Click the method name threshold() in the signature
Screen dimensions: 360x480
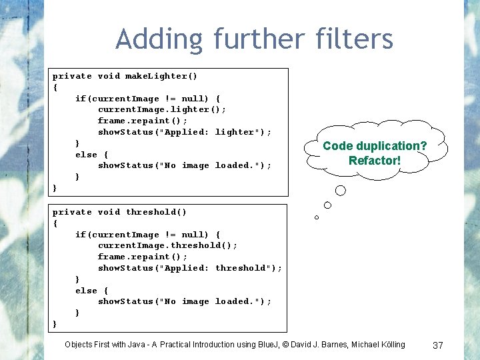[x=156, y=212]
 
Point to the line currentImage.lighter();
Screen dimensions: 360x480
[x=162, y=109]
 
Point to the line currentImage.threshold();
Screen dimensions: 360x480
[x=167, y=245]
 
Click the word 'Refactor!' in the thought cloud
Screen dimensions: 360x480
[x=375, y=161]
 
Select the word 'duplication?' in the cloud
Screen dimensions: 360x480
[x=393, y=146]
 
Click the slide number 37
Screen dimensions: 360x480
[x=438, y=345]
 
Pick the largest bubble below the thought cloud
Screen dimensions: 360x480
[x=340, y=191]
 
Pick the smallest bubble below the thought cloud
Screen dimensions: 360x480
[x=317, y=217]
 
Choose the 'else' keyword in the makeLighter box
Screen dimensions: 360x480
[x=86, y=155]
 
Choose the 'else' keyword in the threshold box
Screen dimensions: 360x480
[x=86, y=291]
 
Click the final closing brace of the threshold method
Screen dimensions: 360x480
[x=55, y=323]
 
